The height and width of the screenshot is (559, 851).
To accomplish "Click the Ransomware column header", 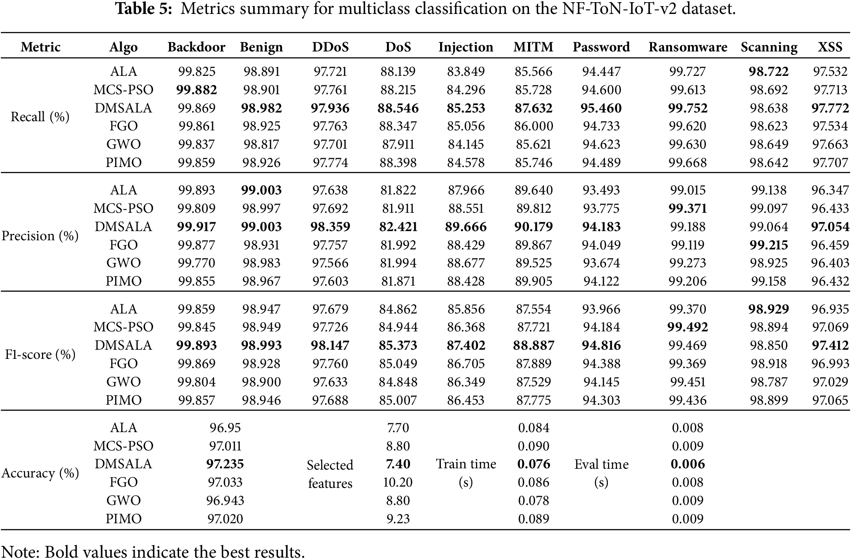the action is (688, 47).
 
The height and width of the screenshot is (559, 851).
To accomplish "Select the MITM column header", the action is (533, 47).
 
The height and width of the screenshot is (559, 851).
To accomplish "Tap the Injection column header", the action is (466, 47).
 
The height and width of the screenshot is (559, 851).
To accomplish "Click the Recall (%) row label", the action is (40, 117).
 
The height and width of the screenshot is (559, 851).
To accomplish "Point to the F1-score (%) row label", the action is (40, 354).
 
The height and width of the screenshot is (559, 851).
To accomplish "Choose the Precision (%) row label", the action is (40, 236).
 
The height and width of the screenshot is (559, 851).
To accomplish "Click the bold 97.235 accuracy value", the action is (225, 464).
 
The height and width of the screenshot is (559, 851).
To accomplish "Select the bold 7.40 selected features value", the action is (398, 464).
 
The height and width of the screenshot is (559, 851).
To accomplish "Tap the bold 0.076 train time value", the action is (533, 464).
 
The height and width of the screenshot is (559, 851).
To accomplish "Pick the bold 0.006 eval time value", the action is (688, 464).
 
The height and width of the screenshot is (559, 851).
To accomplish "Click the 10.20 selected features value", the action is (398, 482).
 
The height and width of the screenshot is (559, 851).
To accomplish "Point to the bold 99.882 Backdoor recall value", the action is (197, 90).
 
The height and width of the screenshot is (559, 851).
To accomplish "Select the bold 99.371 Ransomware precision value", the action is (688, 208).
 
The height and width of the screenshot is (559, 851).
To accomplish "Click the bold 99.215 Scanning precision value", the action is (769, 245).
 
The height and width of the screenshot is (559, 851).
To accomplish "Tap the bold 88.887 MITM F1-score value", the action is (533, 345).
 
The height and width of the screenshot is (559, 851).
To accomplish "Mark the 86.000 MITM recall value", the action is (533, 126).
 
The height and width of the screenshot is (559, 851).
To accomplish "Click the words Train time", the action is (466, 464).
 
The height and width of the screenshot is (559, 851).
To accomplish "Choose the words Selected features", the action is (330, 474).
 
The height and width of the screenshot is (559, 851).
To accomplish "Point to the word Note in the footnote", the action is (20, 552).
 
